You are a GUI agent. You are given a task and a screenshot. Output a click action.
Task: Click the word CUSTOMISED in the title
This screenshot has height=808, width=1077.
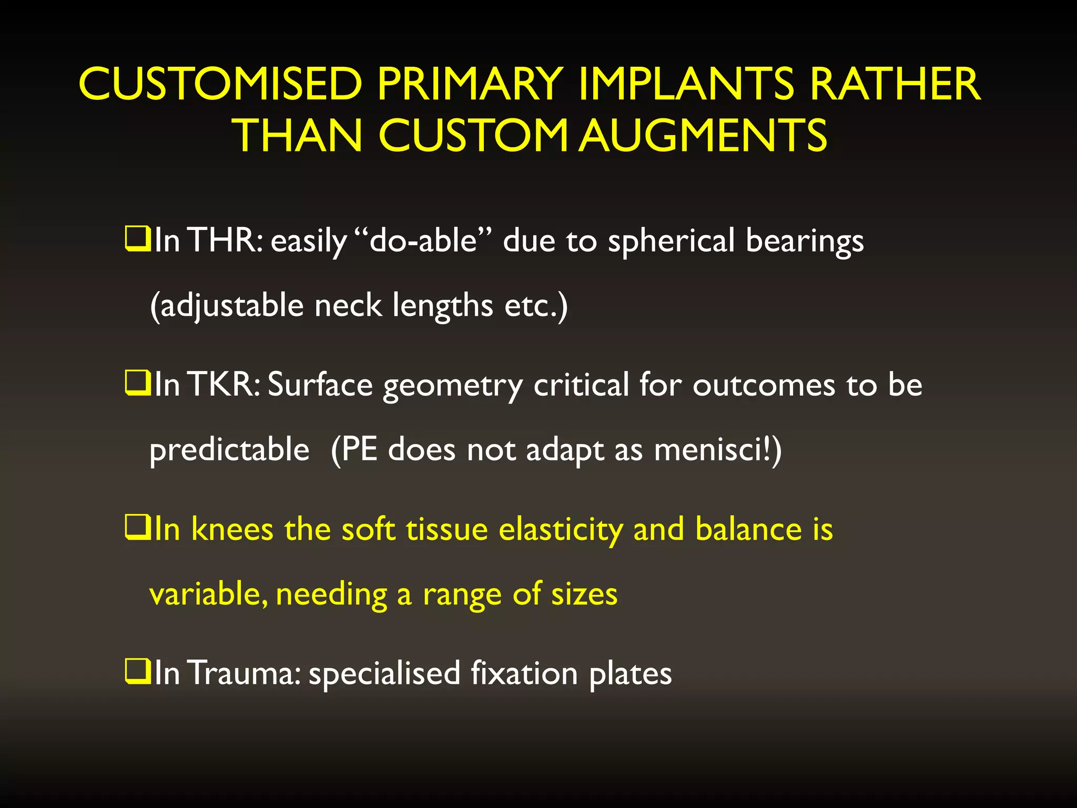[x=220, y=84]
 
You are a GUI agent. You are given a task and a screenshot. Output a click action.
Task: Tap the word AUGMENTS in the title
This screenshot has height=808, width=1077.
[x=703, y=136]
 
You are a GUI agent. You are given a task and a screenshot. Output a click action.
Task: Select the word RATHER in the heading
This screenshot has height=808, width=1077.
[x=895, y=84]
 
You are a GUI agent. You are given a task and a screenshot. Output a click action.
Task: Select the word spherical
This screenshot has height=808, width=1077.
[x=671, y=241]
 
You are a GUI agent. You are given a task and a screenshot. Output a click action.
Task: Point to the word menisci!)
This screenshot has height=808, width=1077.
[x=718, y=450]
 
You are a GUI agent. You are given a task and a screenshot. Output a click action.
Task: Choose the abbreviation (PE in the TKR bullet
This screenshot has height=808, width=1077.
[x=354, y=450]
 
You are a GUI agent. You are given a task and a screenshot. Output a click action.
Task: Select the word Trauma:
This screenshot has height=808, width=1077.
[x=244, y=673]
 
